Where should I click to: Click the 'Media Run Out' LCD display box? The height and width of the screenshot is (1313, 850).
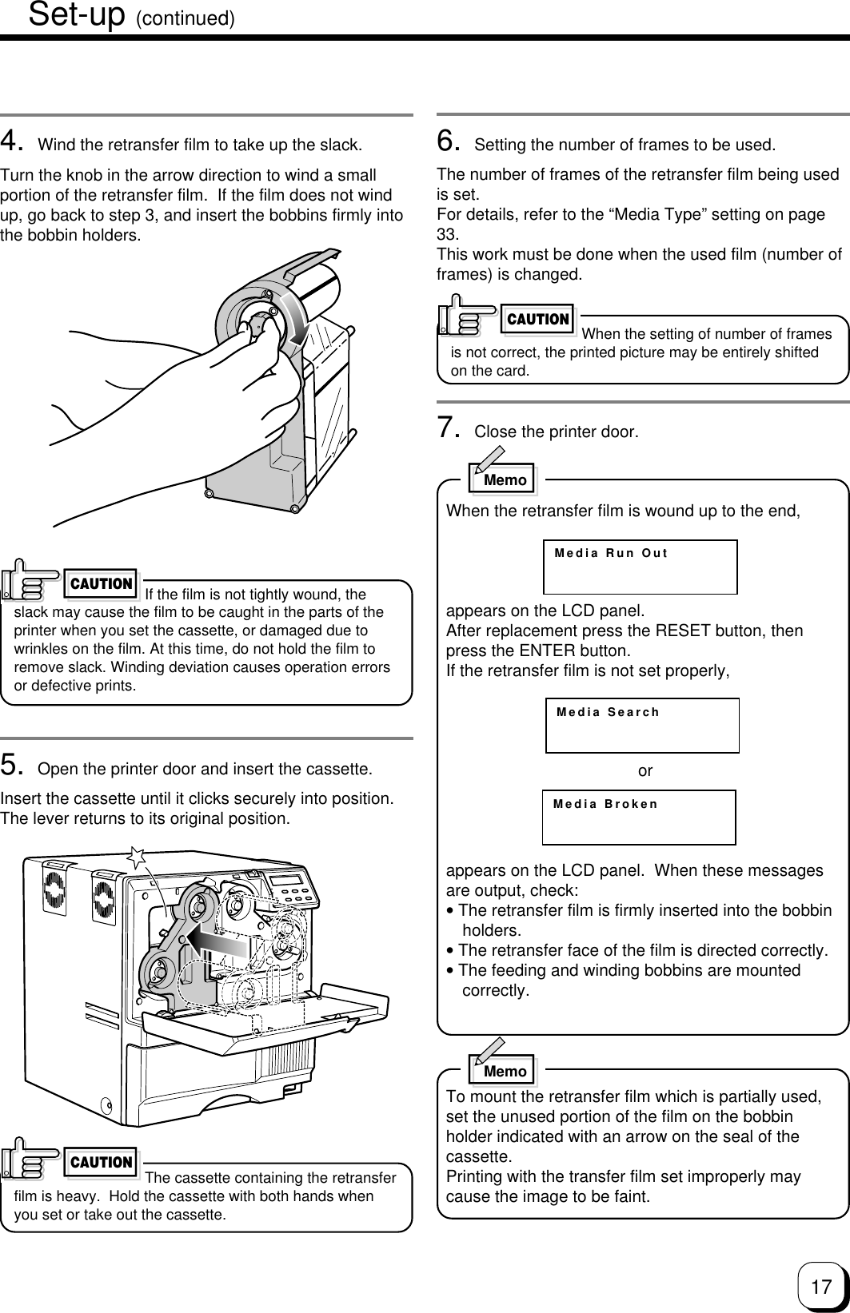(640, 567)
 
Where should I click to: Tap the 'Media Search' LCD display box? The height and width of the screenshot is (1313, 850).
(642, 725)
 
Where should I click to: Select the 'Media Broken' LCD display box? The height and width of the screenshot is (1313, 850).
(639, 817)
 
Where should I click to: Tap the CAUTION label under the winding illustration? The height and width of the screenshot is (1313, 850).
(102, 584)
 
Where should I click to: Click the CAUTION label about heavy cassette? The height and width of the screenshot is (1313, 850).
(102, 1163)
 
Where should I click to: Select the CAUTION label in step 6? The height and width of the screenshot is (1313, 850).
(538, 320)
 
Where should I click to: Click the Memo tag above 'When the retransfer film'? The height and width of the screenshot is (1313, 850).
(504, 479)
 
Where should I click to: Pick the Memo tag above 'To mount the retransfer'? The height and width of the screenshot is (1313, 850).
(504, 1071)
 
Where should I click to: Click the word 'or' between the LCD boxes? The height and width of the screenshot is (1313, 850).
(645, 771)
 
